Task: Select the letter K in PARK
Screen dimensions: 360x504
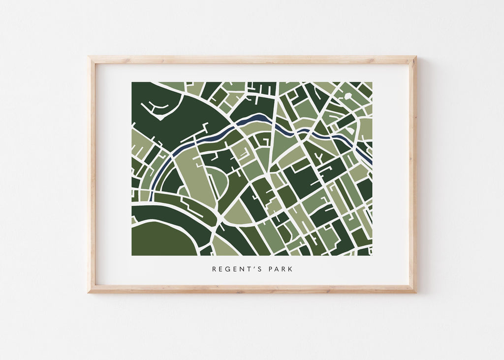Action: click(290, 269)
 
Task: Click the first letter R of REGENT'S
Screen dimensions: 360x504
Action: click(215, 269)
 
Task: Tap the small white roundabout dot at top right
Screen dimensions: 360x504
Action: click(349, 97)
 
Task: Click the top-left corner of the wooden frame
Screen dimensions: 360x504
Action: click(90, 58)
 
